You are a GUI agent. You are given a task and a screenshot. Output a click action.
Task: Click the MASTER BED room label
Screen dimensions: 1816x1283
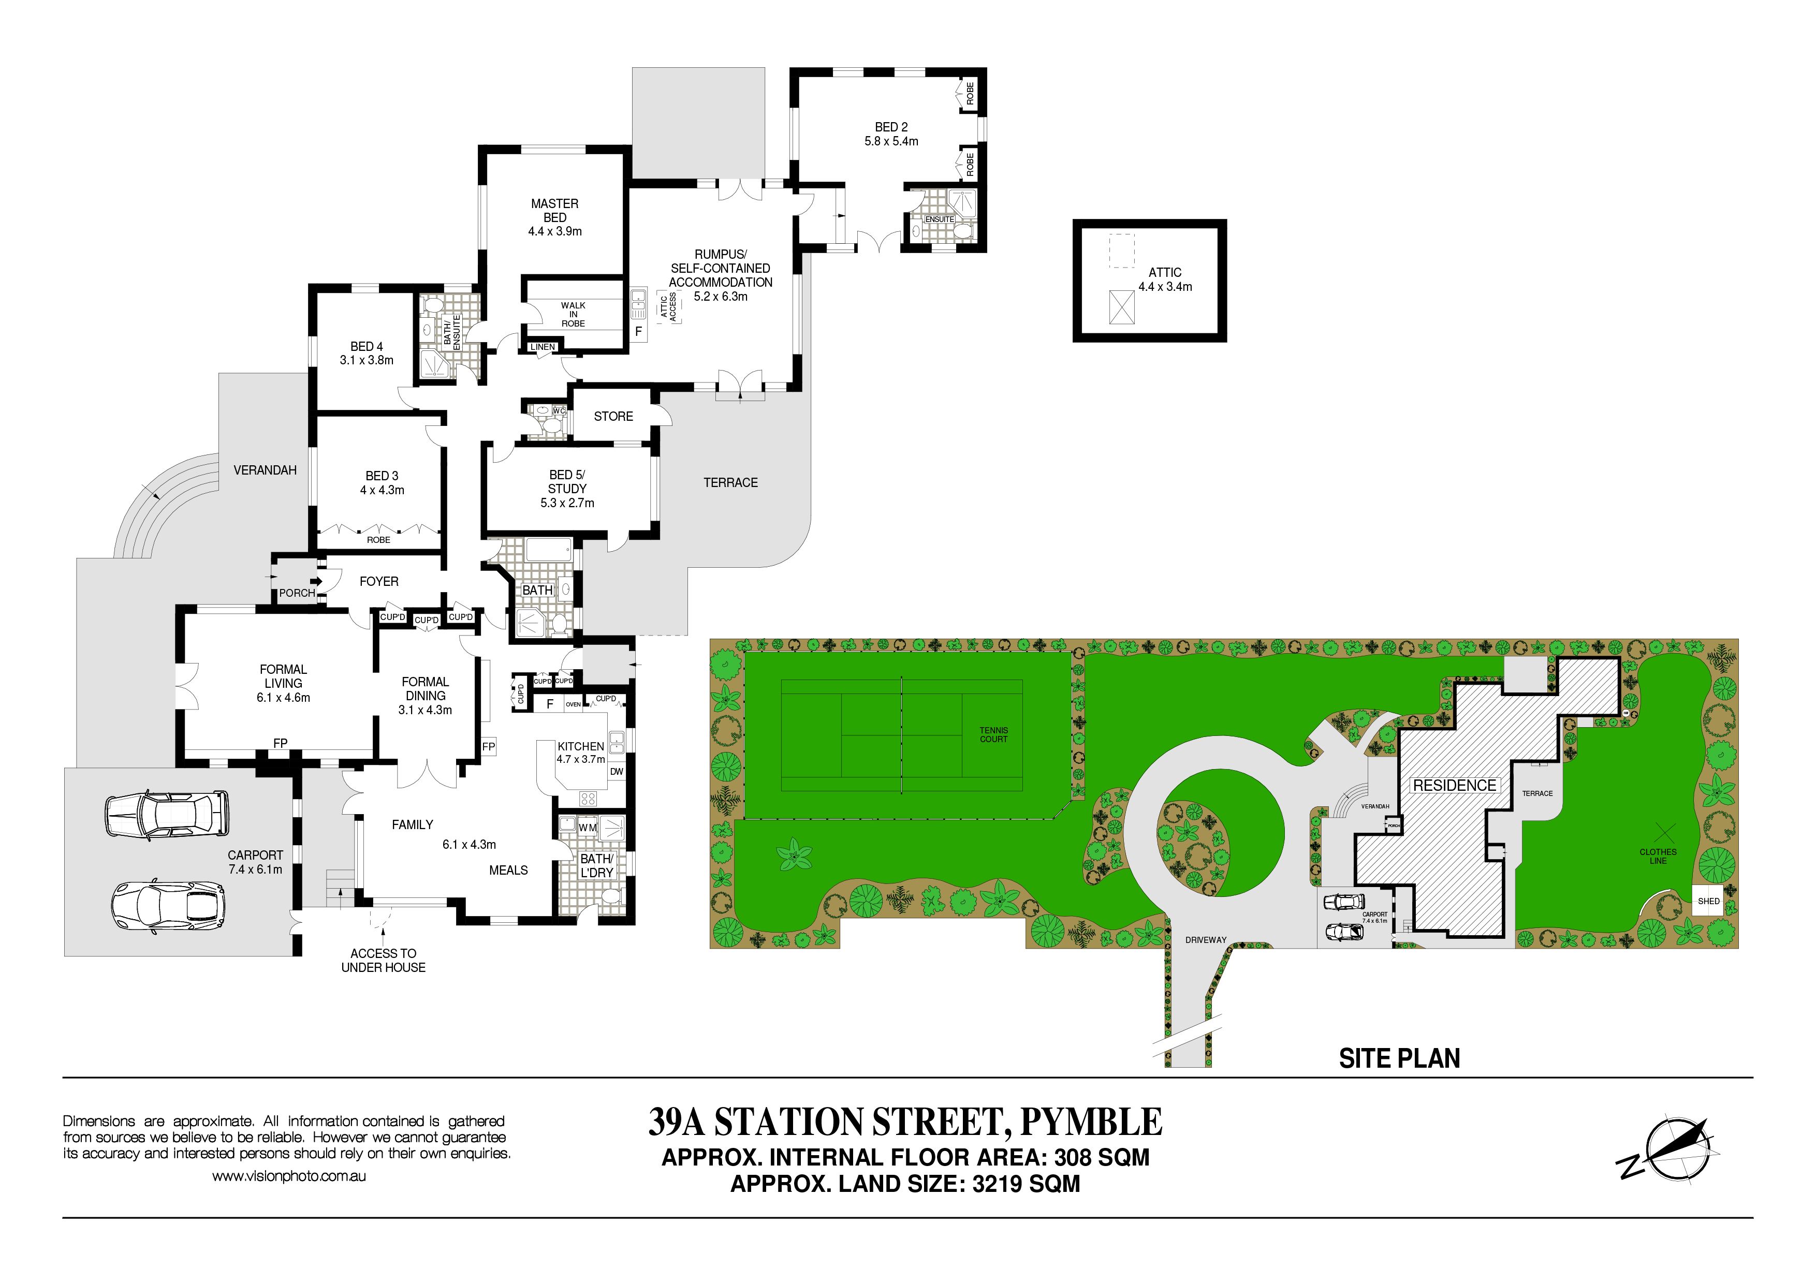[x=554, y=210]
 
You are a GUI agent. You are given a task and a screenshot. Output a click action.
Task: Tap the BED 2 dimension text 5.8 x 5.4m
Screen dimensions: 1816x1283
[x=891, y=141]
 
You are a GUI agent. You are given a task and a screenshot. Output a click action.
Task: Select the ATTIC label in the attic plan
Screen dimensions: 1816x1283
[x=1165, y=272]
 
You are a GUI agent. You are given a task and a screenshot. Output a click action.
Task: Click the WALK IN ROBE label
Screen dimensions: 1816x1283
[x=574, y=314]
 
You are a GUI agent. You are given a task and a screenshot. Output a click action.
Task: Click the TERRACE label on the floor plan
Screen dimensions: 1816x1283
[x=731, y=482]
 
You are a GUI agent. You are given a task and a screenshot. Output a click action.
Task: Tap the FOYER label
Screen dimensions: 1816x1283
[x=379, y=581]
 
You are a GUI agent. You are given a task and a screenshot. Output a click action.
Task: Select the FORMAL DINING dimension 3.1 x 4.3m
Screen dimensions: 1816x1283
[x=426, y=710]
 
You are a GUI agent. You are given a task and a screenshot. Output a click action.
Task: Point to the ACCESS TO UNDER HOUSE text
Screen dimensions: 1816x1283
[x=384, y=961]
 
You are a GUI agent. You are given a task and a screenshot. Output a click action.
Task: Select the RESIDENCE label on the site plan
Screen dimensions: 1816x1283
[x=1455, y=785]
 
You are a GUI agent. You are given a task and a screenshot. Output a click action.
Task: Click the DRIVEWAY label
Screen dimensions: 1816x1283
[x=1206, y=940]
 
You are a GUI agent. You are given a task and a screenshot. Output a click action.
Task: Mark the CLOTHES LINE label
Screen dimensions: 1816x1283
[x=1658, y=856]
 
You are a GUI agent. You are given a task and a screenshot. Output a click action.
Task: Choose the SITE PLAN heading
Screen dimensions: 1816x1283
[x=1399, y=1058]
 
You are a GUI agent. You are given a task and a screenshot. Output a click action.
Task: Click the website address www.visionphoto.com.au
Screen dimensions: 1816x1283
[x=289, y=1176]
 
